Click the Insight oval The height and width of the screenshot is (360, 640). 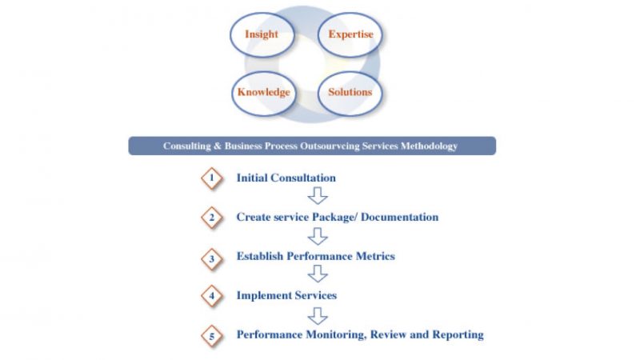tap(262, 34)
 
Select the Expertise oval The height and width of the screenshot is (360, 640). tap(350, 34)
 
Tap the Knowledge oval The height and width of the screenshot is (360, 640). tap(263, 92)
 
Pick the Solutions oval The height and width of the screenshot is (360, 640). tap(350, 92)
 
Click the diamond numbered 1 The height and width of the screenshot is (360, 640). tap(212, 178)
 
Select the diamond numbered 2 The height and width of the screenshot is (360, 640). tap(212, 217)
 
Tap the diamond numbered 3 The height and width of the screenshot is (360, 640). tap(212, 258)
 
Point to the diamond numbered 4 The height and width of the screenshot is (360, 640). tap(212, 296)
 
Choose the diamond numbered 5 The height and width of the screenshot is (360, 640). tap(212, 336)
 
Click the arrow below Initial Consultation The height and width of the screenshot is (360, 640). tap(318, 196)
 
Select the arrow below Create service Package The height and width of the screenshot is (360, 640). tap(318, 236)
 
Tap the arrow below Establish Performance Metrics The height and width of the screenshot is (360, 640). tap(318, 274)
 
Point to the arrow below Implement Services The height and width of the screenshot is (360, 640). tap(318, 314)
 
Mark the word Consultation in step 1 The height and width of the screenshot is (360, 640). tap(304, 178)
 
